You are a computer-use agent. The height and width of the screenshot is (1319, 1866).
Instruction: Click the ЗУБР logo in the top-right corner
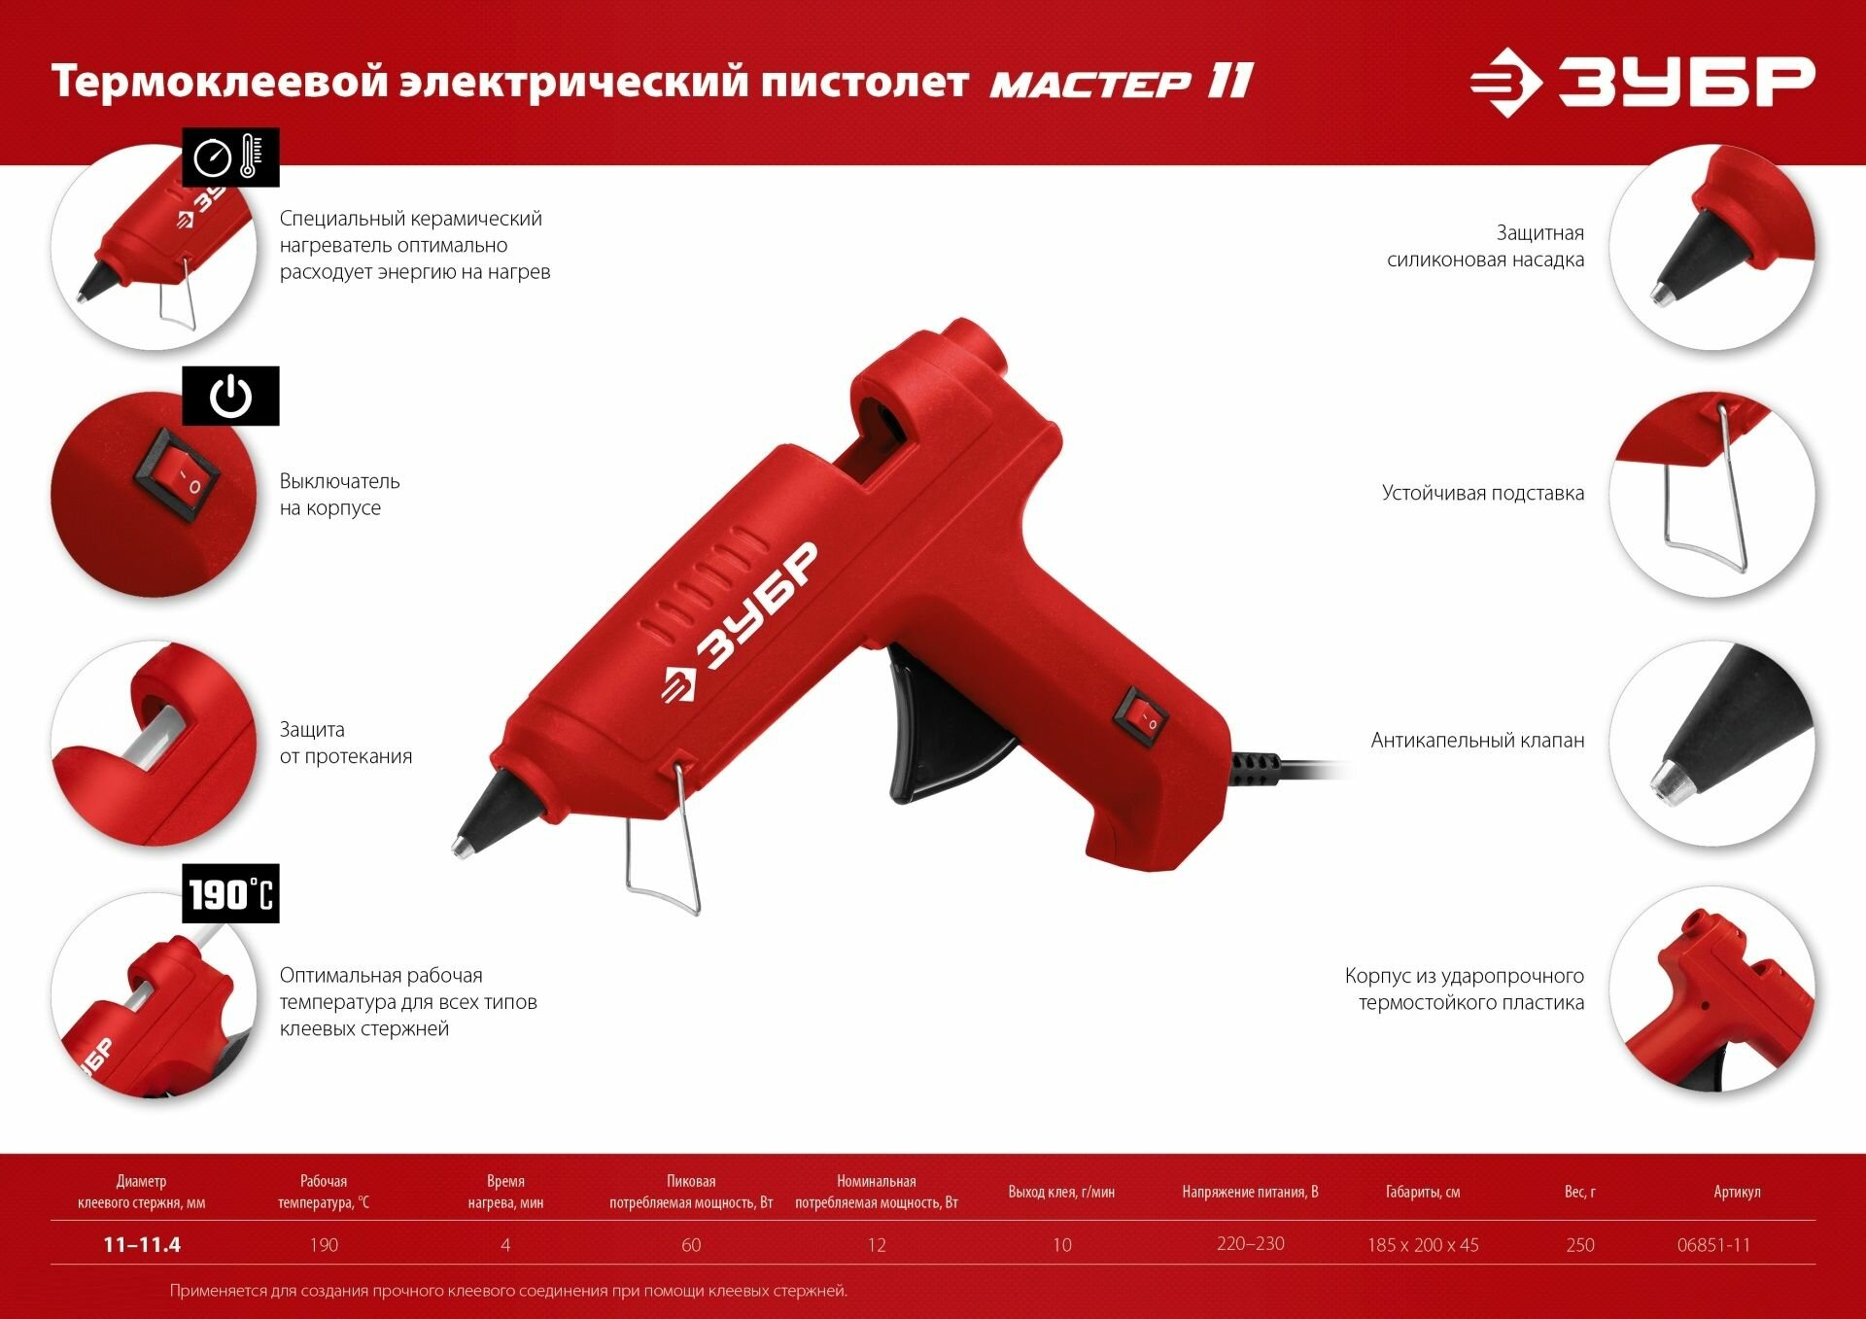pyautogui.click(x=1641, y=82)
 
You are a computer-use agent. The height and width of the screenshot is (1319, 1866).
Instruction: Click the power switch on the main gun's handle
pyautogui.click(x=1142, y=717)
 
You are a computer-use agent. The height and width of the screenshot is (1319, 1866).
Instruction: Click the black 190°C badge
pyautogui.click(x=230, y=893)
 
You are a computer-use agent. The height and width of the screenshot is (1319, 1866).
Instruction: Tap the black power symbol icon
pyautogui.click(x=230, y=396)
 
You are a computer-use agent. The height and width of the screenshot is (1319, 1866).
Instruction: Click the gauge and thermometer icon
pyautogui.click(x=230, y=156)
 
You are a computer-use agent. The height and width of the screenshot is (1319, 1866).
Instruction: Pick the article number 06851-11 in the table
pyautogui.click(x=1713, y=1245)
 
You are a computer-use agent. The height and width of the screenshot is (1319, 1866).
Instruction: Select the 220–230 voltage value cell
pyautogui.click(x=1250, y=1244)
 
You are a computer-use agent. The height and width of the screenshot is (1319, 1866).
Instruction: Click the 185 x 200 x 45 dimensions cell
pyautogui.click(x=1423, y=1245)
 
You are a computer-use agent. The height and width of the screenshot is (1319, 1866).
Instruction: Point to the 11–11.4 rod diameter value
pyautogui.click(x=142, y=1245)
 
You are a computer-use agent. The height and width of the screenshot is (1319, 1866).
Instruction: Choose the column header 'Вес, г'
pyautogui.click(x=1579, y=1192)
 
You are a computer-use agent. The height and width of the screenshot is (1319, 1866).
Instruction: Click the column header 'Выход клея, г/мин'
pyautogui.click(x=1061, y=1192)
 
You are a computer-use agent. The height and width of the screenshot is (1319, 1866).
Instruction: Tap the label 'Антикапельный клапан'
pyautogui.click(x=1477, y=741)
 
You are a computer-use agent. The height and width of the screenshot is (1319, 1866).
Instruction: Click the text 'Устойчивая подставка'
pyautogui.click(x=1483, y=493)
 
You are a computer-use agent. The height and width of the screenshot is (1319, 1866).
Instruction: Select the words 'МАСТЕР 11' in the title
pyautogui.click(x=1122, y=82)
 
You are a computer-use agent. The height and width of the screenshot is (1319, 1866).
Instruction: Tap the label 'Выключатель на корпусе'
pyautogui.click(x=339, y=495)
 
